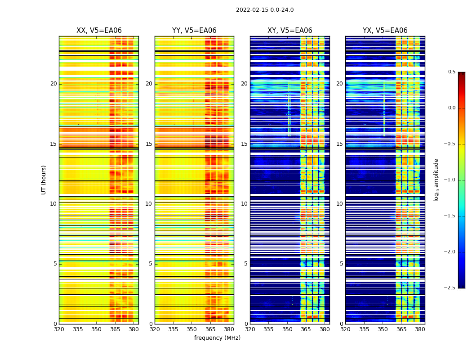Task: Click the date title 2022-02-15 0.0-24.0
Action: [265, 10]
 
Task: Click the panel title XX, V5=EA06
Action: [99, 31]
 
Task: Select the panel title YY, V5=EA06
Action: [194, 31]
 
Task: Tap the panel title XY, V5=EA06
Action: [290, 31]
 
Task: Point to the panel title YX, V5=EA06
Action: [385, 31]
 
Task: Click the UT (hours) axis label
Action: [44, 180]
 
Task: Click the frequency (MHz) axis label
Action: [217, 338]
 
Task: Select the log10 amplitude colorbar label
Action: [436, 180]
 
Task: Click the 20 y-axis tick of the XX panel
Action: [53, 84]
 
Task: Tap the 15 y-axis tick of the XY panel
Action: [244, 144]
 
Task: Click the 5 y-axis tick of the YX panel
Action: [341, 264]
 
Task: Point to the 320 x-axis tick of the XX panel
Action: [59, 329]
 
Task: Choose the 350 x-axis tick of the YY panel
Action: [191, 329]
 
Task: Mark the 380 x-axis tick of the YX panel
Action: [420, 329]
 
